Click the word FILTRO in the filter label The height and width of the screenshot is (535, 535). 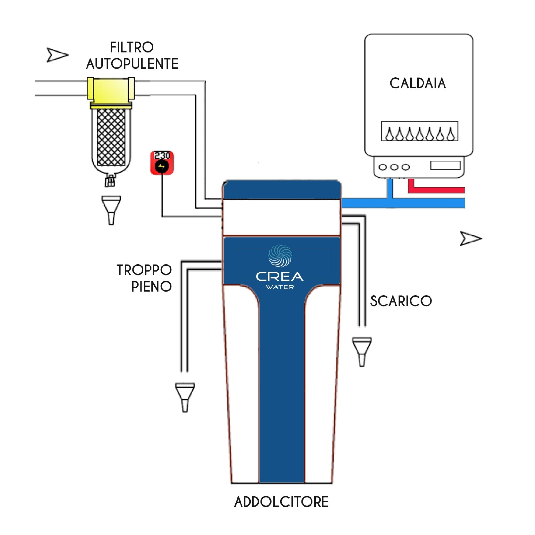[132, 47]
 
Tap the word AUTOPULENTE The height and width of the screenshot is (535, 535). [132, 64]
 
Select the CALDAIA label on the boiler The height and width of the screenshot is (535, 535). [418, 83]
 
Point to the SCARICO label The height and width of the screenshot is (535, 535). [401, 301]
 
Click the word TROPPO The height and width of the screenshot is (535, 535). [144, 270]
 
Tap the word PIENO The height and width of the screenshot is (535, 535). [151, 286]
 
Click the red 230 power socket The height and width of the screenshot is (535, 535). [162, 163]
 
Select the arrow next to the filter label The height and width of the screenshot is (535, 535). [57, 55]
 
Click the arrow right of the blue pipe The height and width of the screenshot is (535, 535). [470, 239]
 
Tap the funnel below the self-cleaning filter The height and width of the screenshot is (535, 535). [111, 210]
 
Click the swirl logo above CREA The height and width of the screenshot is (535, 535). [280, 255]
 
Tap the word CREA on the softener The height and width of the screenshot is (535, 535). [280, 277]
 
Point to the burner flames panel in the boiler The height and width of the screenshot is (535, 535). [419, 131]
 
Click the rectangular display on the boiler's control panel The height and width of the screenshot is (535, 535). [445, 166]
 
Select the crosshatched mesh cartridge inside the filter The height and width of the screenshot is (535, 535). [111, 137]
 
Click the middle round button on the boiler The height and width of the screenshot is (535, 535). [394, 167]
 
